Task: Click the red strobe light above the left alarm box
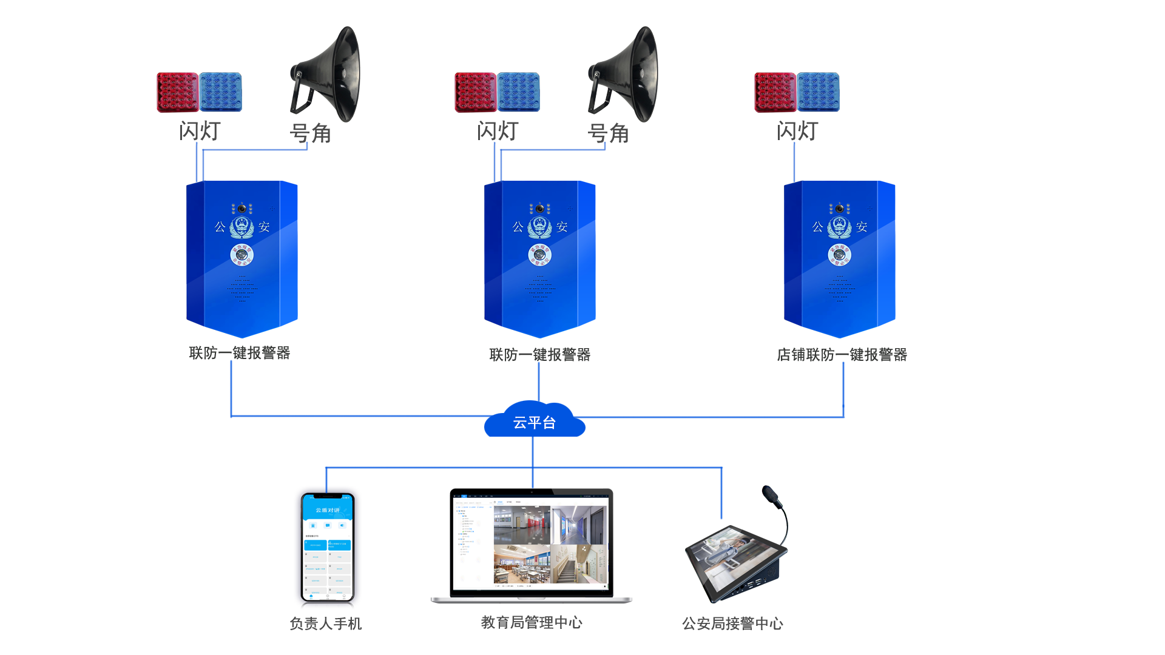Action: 178,92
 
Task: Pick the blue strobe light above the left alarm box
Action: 221,92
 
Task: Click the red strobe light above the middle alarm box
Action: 476,92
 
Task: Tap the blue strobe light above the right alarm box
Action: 819,92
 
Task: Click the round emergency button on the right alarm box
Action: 840,255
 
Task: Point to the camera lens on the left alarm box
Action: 242,209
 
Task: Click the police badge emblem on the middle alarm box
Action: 540,227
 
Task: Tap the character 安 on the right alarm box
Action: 862,227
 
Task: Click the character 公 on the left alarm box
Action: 220,227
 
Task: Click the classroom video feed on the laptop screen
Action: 522,564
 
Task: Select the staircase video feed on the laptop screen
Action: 579,564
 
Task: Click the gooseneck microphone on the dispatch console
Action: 774,499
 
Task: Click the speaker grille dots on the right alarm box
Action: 840,289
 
